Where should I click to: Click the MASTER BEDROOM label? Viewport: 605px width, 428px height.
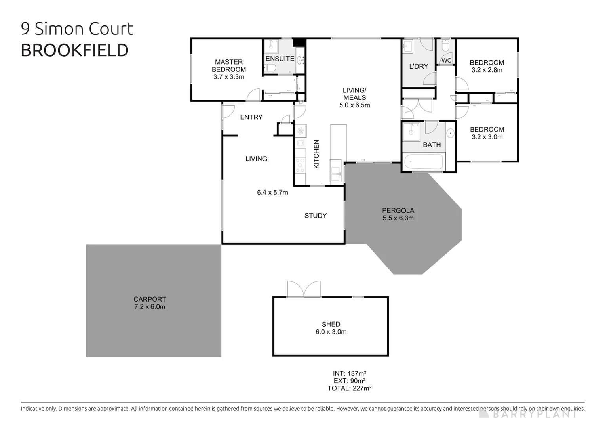click(229, 65)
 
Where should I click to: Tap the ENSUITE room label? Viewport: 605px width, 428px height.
click(280, 59)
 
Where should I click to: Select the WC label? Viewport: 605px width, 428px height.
click(446, 61)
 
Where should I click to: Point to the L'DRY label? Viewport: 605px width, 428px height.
click(419, 66)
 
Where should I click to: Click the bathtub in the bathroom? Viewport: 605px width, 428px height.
click(423, 162)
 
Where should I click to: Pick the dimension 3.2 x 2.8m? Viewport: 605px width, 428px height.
click(487, 70)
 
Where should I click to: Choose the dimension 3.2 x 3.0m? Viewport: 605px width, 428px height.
click(487, 137)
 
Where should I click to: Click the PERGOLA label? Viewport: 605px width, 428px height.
click(398, 210)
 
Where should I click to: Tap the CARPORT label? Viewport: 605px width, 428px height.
click(150, 299)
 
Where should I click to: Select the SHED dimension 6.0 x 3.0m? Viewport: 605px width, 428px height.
click(331, 332)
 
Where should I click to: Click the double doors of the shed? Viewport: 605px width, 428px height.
click(304, 289)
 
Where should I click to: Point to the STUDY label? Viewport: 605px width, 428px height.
click(316, 216)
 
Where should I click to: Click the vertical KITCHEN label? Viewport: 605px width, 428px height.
click(316, 154)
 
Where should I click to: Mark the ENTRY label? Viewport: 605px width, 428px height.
click(251, 117)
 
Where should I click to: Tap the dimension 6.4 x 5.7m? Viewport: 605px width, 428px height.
click(272, 193)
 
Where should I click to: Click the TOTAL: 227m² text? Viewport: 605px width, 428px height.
click(349, 388)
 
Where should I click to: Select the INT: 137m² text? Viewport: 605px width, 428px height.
click(349, 373)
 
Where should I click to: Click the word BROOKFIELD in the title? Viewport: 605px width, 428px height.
click(74, 50)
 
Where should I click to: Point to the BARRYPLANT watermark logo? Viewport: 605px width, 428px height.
click(528, 414)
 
